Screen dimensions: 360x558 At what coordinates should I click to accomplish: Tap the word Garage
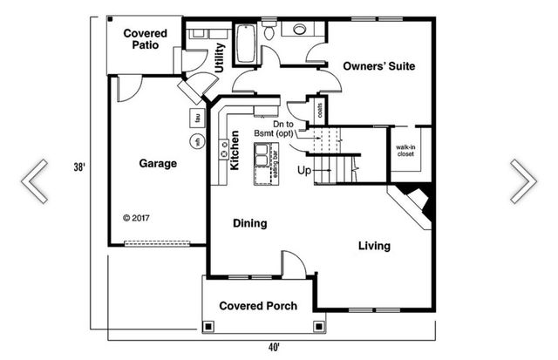tap(158, 163)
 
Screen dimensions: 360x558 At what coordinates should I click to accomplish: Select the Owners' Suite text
tap(378, 66)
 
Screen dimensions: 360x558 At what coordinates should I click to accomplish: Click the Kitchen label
tap(234, 149)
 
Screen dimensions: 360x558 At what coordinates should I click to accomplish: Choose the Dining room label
tap(249, 224)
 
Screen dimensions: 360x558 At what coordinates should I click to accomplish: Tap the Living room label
tap(374, 246)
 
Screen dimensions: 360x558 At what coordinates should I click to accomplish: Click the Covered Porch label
tap(258, 306)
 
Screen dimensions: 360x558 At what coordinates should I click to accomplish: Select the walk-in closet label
tap(405, 151)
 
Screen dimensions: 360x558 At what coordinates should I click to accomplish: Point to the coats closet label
tap(321, 111)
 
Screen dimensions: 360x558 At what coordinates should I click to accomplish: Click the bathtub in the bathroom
tap(247, 44)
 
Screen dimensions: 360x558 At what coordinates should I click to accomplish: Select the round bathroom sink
tap(299, 30)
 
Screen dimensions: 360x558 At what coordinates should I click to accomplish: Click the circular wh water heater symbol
tap(197, 141)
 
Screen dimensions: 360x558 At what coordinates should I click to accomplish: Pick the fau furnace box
tap(197, 118)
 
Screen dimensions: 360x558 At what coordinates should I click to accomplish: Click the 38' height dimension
tap(78, 167)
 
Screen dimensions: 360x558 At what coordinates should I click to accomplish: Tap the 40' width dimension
tap(274, 347)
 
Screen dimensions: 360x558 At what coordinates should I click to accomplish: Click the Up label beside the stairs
tap(303, 170)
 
